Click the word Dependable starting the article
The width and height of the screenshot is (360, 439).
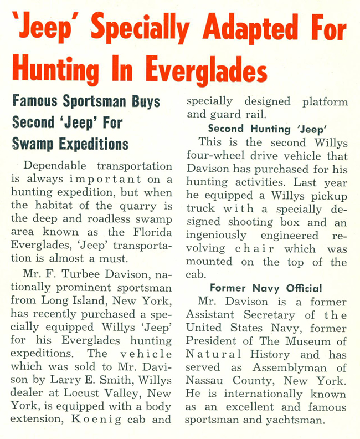(x=57, y=166)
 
